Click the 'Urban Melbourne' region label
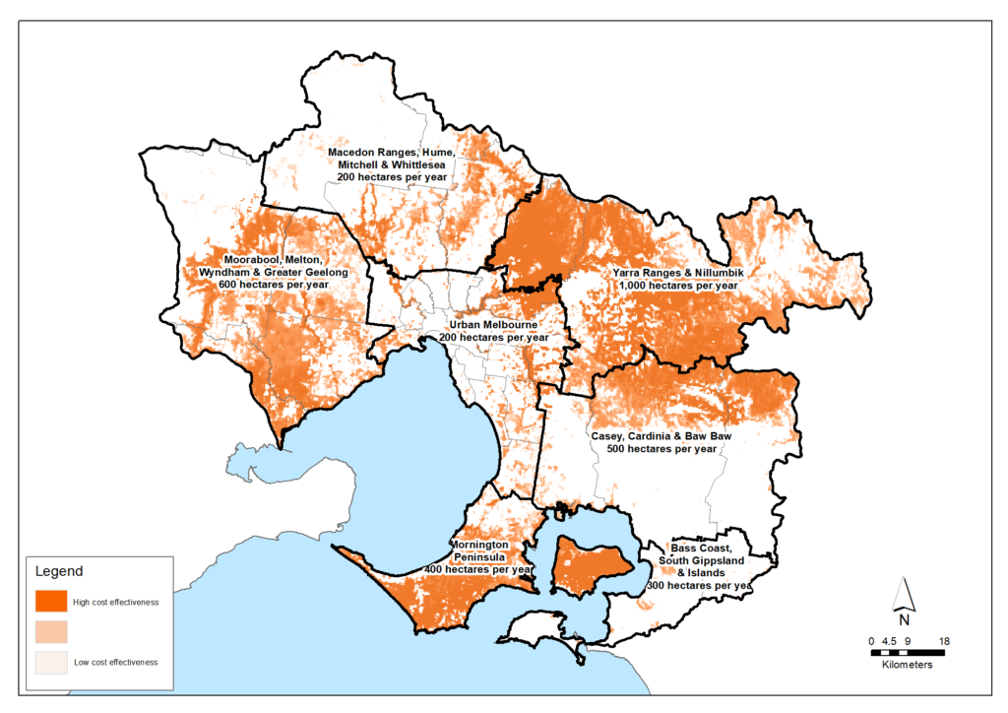(x=494, y=324)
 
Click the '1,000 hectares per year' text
(x=678, y=285)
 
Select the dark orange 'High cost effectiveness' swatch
(x=51, y=600)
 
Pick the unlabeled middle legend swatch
(x=51, y=630)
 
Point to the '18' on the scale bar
(x=944, y=641)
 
